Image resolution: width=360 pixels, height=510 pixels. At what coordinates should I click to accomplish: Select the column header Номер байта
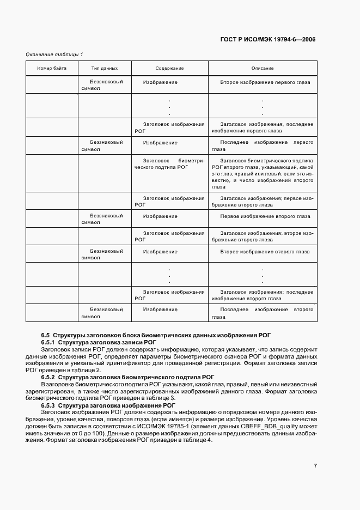pyautogui.click(x=52, y=68)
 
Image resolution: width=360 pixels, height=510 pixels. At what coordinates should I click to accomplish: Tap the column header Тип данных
pyautogui.click(x=105, y=68)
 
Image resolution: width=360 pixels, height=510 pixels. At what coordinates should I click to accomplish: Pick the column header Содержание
pyautogui.click(x=169, y=68)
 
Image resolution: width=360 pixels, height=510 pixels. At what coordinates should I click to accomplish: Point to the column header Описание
pyautogui.click(x=262, y=68)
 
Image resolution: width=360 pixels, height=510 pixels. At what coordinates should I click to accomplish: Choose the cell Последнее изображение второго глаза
pyautogui.click(x=262, y=313)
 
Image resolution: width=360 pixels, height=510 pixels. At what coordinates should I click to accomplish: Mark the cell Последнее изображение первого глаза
pyautogui.click(x=262, y=146)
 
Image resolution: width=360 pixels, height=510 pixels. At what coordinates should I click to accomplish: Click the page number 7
pyautogui.click(x=315, y=466)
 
